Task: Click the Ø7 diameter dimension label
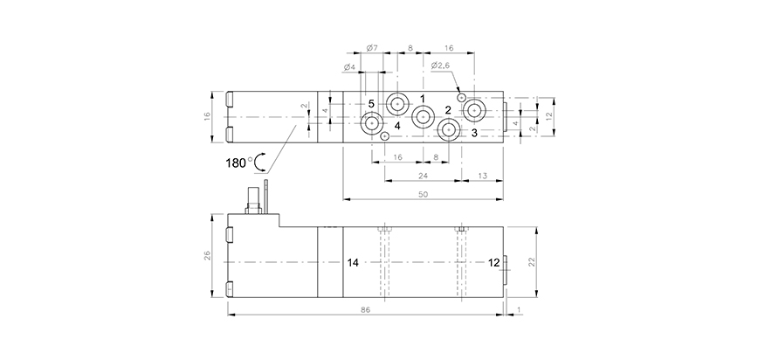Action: click(371, 48)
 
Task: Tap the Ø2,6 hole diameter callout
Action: click(440, 66)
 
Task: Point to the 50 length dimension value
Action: click(422, 194)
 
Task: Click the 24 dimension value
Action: click(422, 175)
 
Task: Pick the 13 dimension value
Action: click(483, 175)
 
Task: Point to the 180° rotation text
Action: click(238, 162)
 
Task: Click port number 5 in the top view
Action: click(371, 104)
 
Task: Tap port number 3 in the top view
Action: click(473, 133)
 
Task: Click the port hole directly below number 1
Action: click(424, 116)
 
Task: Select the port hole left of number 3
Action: click(449, 131)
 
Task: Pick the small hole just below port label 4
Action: click(385, 136)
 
